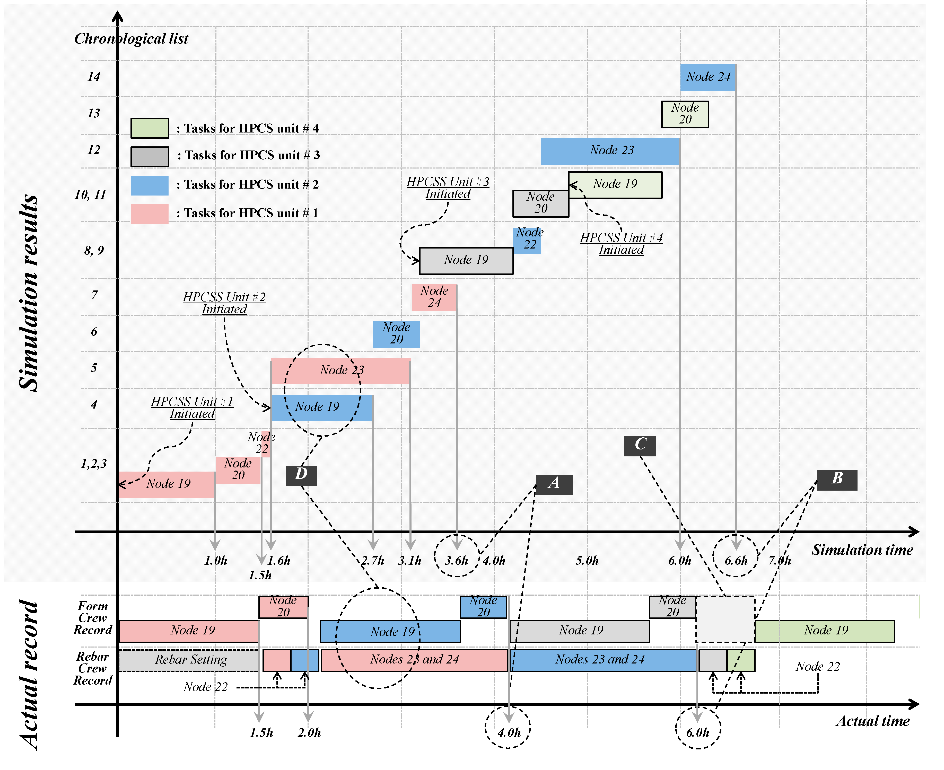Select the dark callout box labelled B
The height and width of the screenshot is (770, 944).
coord(837,480)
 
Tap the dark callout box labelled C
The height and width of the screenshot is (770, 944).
coord(640,445)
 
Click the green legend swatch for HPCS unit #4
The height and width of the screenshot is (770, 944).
coord(150,128)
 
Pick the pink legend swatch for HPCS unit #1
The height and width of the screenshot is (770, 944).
coord(150,214)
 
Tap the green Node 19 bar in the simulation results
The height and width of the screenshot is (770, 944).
coord(615,184)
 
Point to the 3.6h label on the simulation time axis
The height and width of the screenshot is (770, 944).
coord(457,561)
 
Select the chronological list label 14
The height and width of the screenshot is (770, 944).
coord(94,77)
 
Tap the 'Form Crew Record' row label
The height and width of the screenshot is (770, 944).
coord(93,618)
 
